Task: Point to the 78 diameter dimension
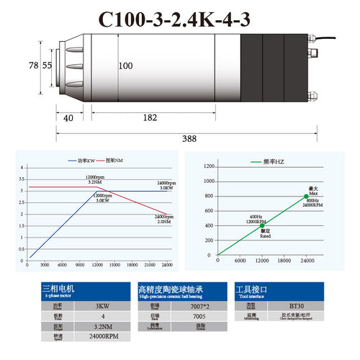point(32,65)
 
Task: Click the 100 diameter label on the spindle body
point(125,66)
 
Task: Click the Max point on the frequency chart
point(306,196)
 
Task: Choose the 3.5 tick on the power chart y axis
point(22,179)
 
